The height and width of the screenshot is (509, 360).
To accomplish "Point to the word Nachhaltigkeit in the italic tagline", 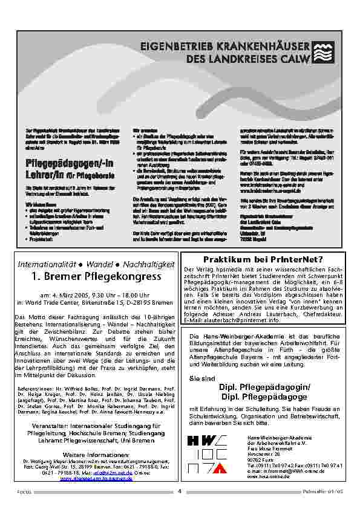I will [148, 264].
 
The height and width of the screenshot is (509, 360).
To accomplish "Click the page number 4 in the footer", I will [180, 490].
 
